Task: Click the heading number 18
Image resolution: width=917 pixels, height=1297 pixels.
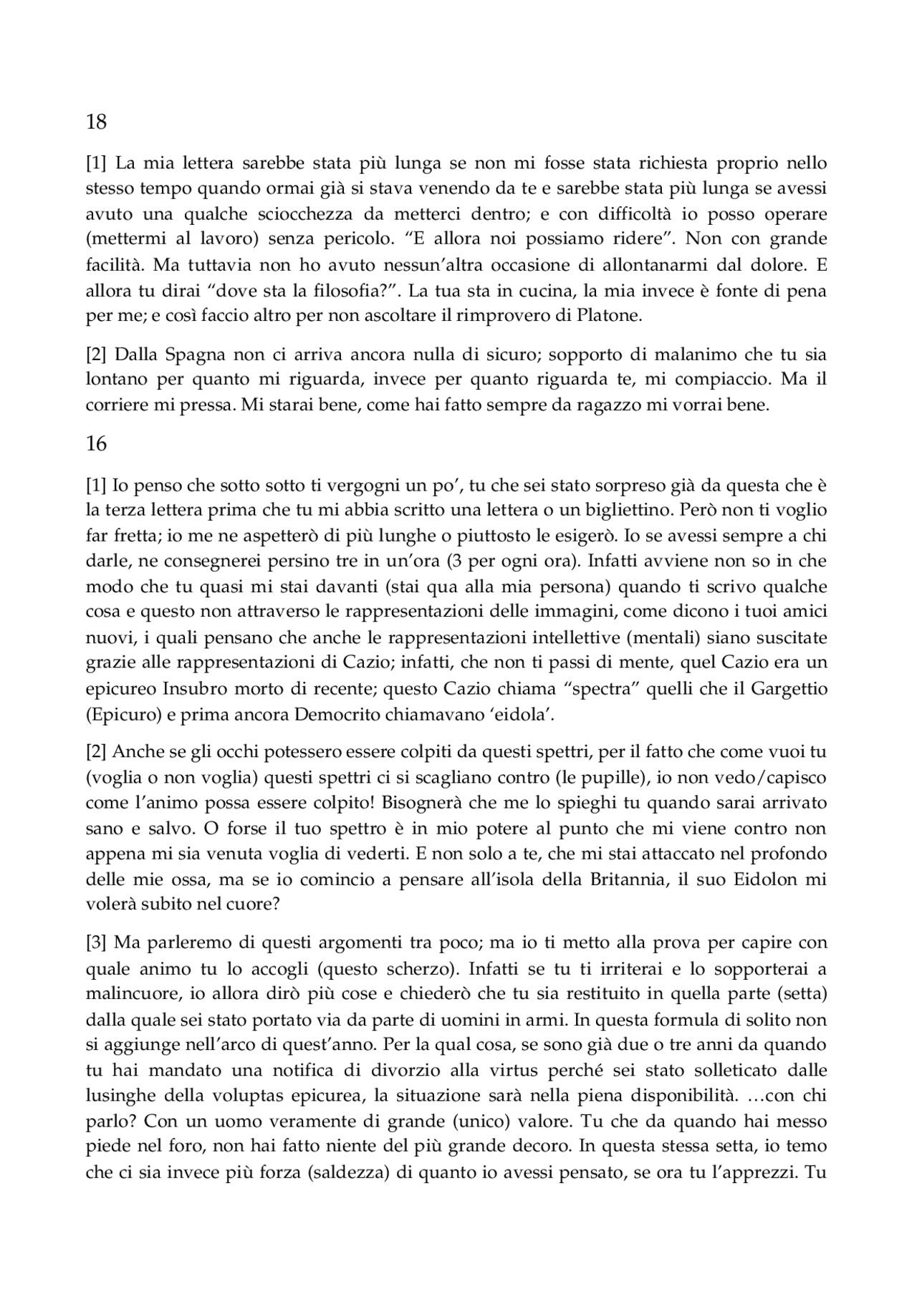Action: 96,122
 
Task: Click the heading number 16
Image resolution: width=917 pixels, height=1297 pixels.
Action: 96,444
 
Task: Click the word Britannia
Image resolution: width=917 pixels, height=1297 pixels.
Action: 616,879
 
